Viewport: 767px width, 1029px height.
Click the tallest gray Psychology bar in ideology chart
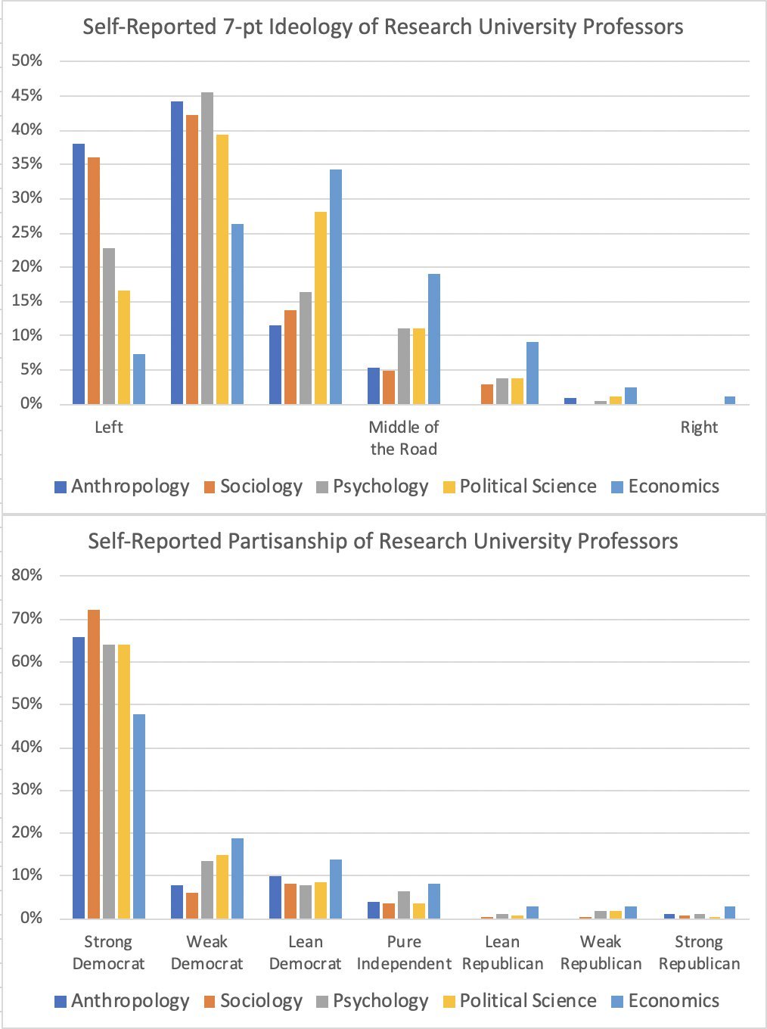tap(206, 250)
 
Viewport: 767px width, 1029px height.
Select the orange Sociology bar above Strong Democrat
tap(94, 764)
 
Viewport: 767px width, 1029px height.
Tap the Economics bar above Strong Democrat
tap(139, 817)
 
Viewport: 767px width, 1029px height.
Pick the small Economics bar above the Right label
tap(729, 400)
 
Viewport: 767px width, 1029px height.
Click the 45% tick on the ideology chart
tap(27, 96)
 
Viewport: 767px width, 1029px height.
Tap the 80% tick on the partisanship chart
tap(27, 575)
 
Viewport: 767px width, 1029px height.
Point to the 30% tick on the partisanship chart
tap(27, 790)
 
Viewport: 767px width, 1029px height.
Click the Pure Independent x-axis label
tap(404, 953)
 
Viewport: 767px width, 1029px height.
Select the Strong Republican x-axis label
tap(699, 953)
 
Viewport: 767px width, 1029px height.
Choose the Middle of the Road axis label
tap(403, 438)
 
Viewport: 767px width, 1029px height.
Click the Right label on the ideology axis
tap(699, 427)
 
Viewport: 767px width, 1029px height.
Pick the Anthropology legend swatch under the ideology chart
tap(61, 487)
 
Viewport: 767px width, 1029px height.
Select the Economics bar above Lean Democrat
tap(336, 889)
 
